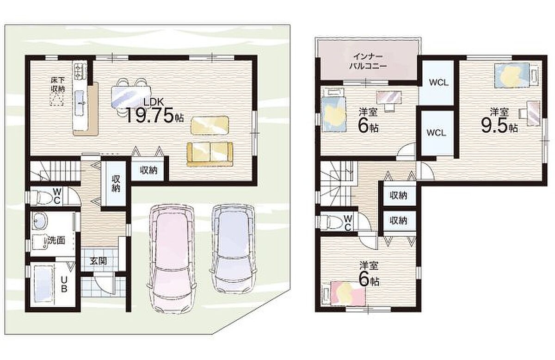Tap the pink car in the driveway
pos(173,259)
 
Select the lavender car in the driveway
pos(234,248)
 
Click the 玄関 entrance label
pos(99,261)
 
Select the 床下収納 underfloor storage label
pos(58,85)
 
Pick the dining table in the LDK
pos(131,97)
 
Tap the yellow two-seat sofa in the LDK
pos(210,154)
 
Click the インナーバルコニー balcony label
pos(368,61)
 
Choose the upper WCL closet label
pos(438,82)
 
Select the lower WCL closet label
pos(436,133)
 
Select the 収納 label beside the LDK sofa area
pos(148,170)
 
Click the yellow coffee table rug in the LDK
pos(210,125)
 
